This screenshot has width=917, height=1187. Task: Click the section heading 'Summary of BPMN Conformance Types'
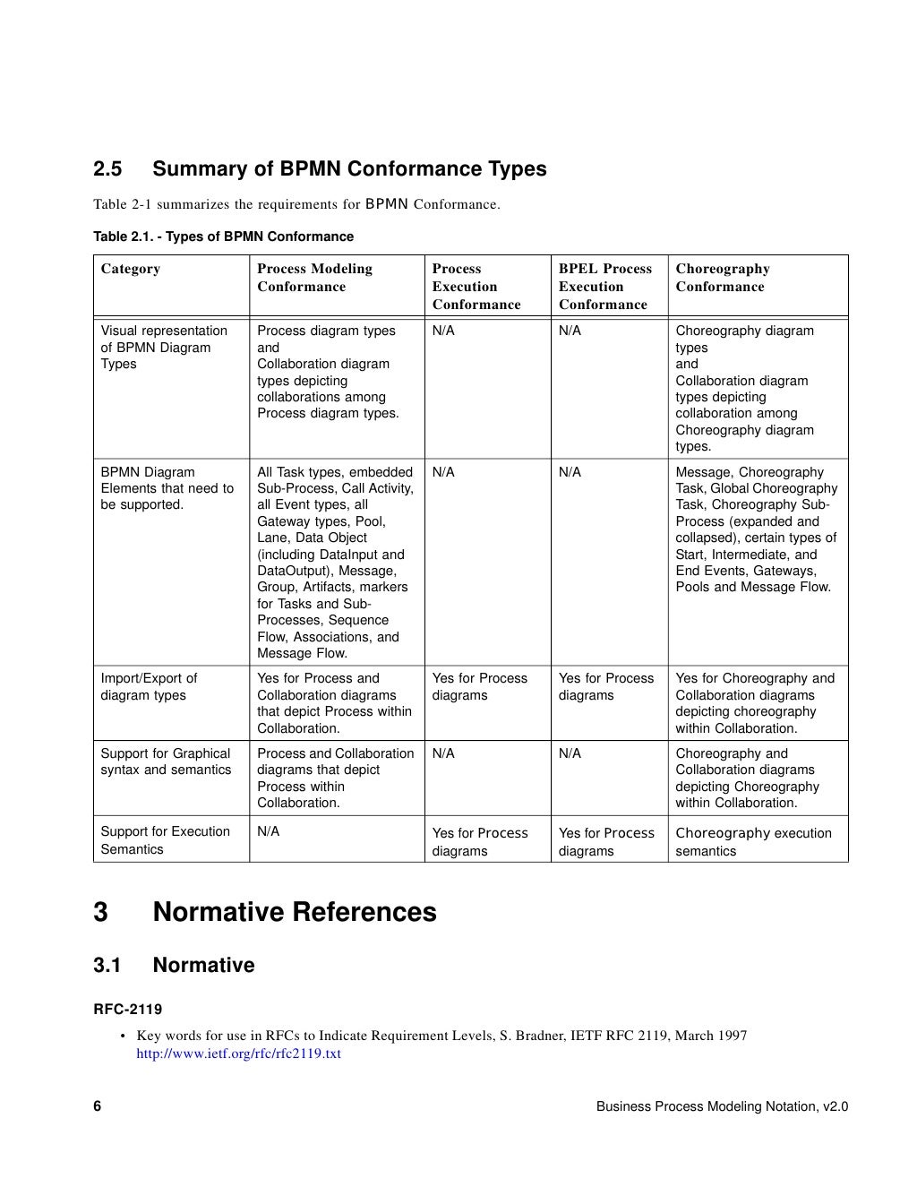click(x=349, y=169)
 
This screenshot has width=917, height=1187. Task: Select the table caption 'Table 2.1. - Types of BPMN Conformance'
click(x=223, y=237)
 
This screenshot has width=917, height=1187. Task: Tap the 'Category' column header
click(x=131, y=269)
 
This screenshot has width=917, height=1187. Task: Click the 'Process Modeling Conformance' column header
click(x=314, y=278)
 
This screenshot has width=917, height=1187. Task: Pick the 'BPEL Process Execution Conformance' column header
click(x=604, y=287)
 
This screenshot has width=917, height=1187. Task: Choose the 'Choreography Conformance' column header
click(x=722, y=278)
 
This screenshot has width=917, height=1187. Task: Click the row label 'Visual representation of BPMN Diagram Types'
click(x=164, y=348)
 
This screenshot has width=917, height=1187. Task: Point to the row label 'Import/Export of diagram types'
click(x=149, y=687)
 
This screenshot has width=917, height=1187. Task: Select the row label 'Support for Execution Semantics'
click(x=165, y=840)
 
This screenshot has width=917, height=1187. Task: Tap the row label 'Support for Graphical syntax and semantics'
click(x=166, y=761)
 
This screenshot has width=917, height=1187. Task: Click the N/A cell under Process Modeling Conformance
click(x=268, y=831)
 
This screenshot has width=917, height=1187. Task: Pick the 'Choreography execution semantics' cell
click(x=753, y=842)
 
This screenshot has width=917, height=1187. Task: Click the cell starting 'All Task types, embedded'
click(x=335, y=563)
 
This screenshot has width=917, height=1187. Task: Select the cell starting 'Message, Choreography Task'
click(x=756, y=529)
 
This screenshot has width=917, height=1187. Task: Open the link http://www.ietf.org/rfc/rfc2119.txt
click(x=238, y=1054)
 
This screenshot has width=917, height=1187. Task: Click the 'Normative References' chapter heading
click(x=295, y=912)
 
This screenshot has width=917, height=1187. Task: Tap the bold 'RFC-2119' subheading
click(x=128, y=1010)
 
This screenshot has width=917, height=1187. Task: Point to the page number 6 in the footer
click(x=98, y=1106)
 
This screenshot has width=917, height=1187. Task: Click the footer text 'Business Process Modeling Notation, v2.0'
click(x=722, y=1106)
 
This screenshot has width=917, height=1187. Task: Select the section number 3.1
click(x=107, y=965)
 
